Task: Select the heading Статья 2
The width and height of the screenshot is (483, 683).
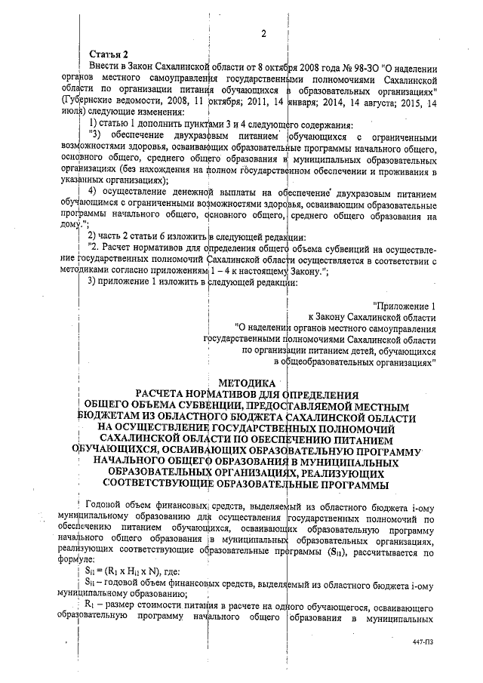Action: pyautogui.click(x=109, y=55)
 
